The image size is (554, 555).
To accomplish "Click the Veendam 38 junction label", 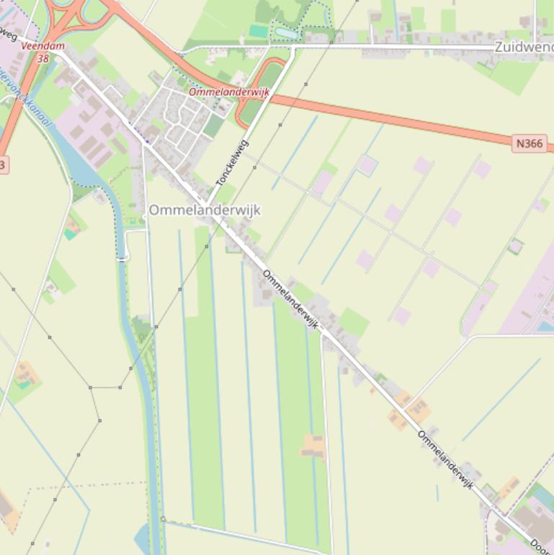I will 43,52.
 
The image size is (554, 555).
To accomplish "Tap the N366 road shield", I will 530,143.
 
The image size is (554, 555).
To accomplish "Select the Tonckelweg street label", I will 232,163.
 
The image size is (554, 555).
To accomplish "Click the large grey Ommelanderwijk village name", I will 205,210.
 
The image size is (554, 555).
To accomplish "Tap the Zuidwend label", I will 523,47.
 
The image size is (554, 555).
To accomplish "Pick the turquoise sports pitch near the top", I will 258,31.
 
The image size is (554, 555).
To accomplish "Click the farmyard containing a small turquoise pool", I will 26,375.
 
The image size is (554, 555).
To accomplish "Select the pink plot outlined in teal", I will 367,164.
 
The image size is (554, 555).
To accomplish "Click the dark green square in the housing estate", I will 213,126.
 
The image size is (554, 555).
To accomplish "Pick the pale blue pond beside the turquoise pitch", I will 286,32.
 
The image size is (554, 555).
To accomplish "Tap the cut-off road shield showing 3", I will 3,165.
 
